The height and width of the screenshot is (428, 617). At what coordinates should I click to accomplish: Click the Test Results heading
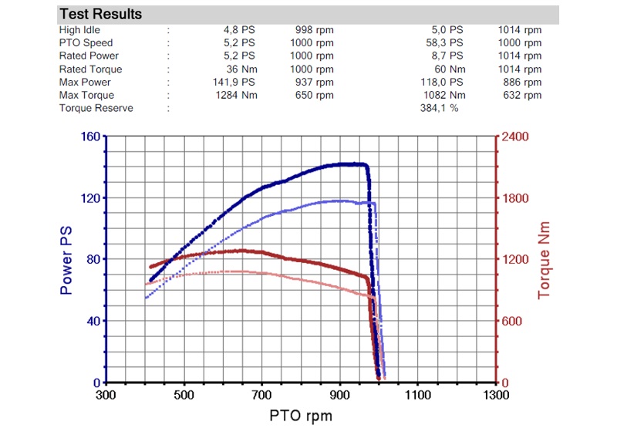(100, 15)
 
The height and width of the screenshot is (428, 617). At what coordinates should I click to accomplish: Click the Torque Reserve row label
(96, 108)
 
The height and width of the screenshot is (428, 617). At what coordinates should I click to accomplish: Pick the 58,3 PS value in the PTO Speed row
(447, 43)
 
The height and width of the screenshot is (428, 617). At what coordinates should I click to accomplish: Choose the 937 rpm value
(314, 83)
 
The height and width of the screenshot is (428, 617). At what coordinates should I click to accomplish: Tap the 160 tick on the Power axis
(89, 137)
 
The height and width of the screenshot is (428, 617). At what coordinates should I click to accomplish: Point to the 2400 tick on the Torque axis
(516, 137)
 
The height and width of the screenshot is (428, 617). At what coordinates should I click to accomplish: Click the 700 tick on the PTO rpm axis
(262, 396)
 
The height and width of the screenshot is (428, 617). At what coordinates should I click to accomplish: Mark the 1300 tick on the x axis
(495, 396)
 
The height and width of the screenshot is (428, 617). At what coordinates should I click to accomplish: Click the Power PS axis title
(66, 260)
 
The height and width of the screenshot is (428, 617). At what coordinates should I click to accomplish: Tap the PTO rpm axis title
(301, 416)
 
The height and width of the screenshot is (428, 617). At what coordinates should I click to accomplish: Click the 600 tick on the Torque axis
(513, 322)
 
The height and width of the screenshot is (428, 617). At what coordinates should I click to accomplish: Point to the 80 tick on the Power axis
(93, 260)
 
